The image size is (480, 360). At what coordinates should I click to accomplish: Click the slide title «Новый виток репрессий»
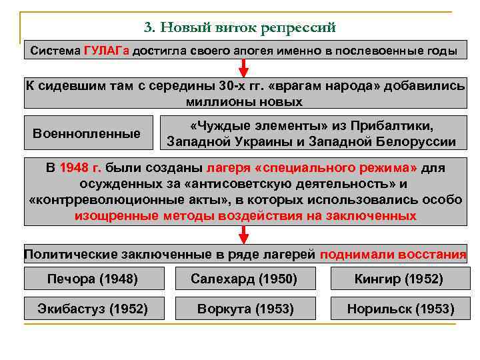click(x=239, y=27)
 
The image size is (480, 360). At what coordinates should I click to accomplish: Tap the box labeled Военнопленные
click(x=87, y=133)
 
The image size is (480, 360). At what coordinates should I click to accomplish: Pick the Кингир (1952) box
click(x=398, y=279)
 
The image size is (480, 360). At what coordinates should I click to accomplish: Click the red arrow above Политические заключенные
click(x=243, y=234)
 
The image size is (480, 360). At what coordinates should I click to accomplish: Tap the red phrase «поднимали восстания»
click(x=393, y=255)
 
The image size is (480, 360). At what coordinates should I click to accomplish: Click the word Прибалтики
click(x=401, y=126)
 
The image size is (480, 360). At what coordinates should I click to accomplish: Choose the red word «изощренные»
click(x=116, y=215)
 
